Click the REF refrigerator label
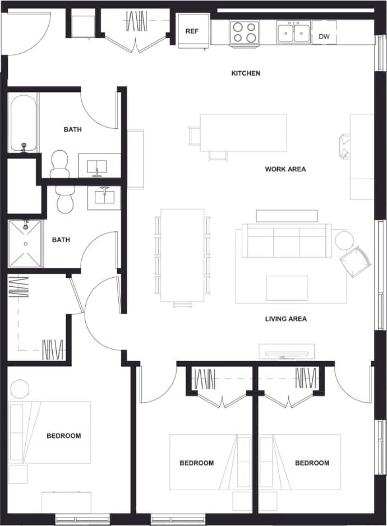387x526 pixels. click(x=192, y=31)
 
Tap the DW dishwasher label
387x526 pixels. click(x=324, y=37)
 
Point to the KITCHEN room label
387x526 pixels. click(x=246, y=73)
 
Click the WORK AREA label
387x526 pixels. click(x=285, y=169)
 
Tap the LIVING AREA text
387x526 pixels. click(x=285, y=319)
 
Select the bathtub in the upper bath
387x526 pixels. click(x=24, y=123)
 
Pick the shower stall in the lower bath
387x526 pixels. click(x=25, y=244)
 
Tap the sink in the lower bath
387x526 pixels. click(x=104, y=197)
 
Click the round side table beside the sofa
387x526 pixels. click(x=344, y=240)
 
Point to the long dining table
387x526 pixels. click(x=182, y=255)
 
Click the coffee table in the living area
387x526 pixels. click(x=287, y=288)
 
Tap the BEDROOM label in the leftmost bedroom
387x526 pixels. click(x=63, y=436)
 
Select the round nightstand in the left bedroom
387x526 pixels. click(x=20, y=388)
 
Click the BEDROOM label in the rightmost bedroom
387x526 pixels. click(x=312, y=463)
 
